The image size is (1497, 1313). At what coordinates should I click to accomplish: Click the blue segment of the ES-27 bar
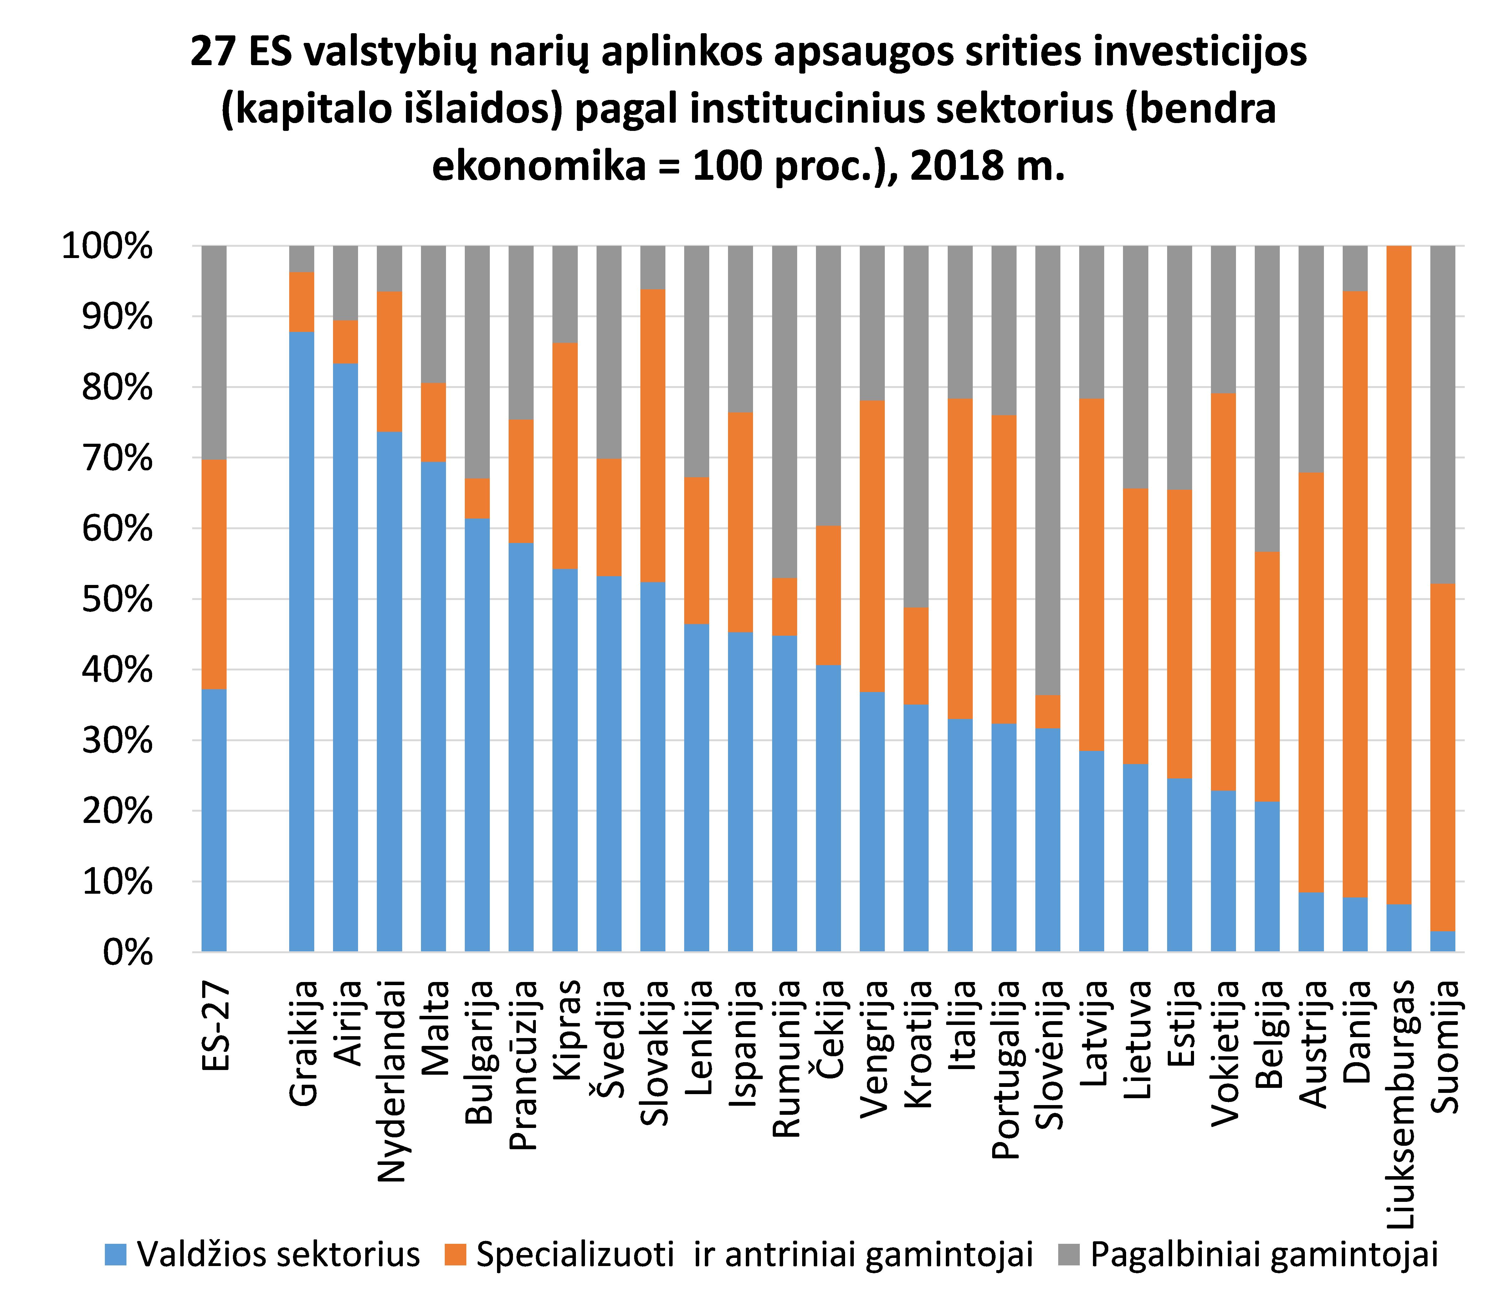coord(214,821)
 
